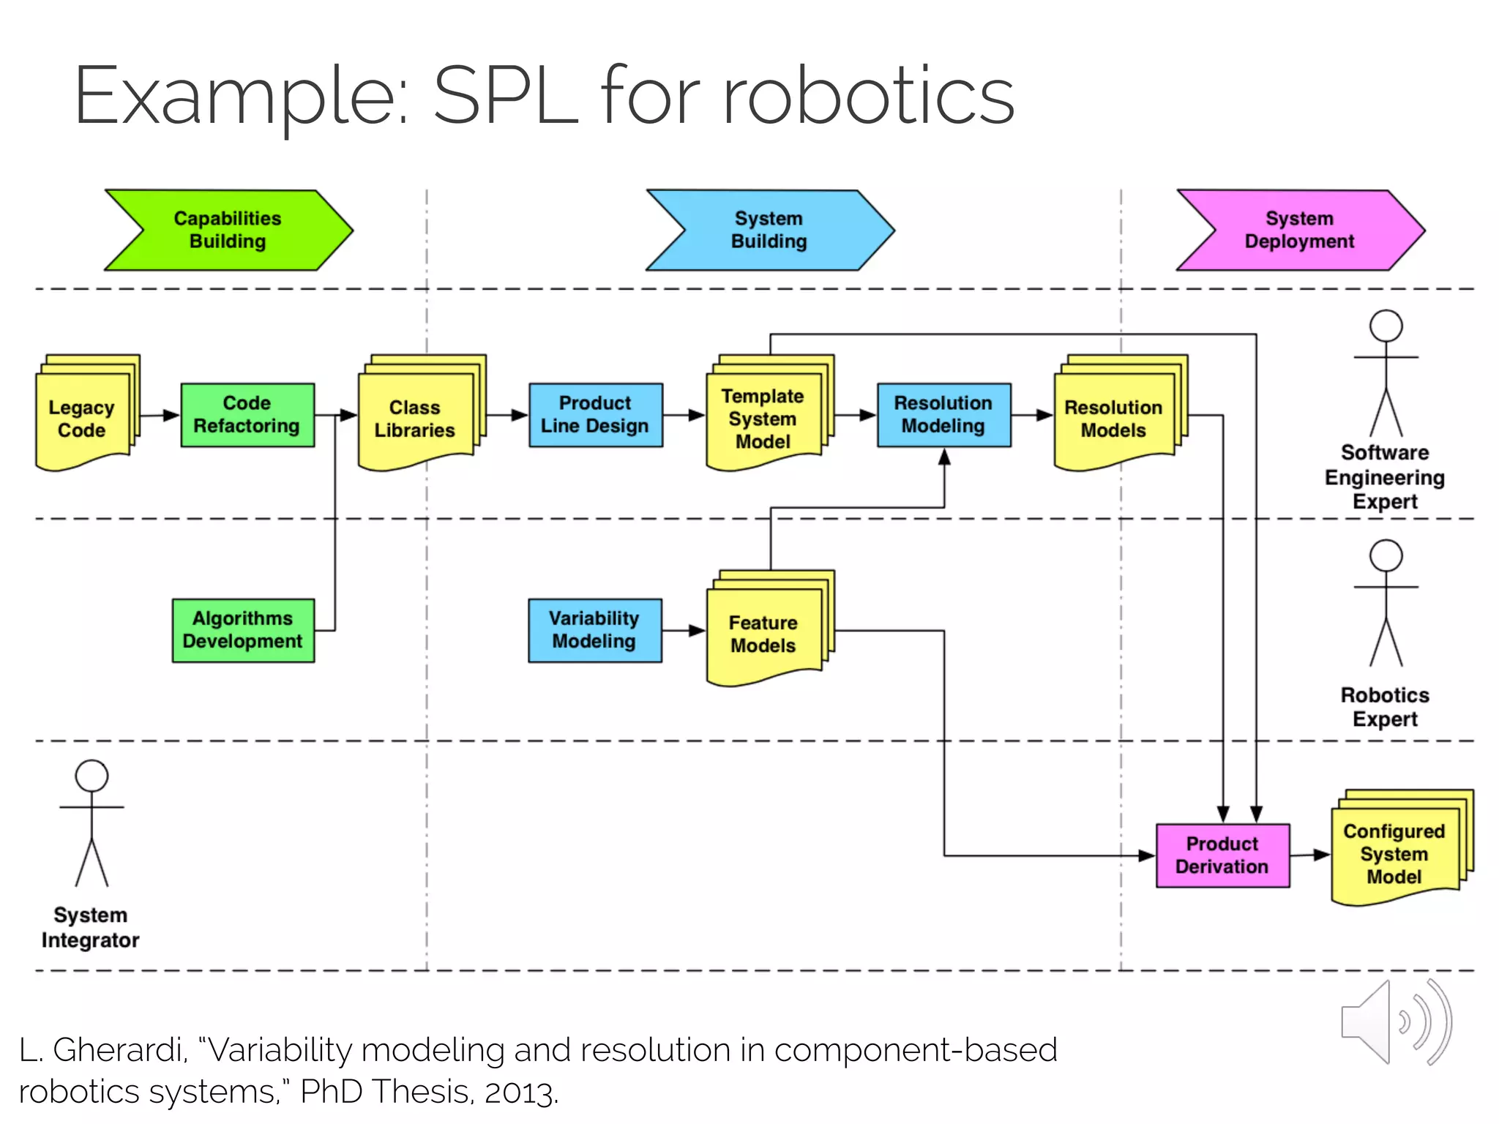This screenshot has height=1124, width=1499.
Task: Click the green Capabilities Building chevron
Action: coord(228,230)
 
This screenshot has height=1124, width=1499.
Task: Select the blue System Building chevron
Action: coord(769,230)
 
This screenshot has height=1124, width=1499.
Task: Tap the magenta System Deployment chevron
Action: coord(1299,230)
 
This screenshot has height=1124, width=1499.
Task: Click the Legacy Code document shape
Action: coord(83,419)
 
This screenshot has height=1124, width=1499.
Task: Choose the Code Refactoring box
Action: coord(247,415)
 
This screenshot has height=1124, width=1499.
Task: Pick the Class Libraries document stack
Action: coord(415,419)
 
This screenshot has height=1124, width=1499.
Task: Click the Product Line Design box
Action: coord(595,415)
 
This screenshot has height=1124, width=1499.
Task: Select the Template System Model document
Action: coord(763,419)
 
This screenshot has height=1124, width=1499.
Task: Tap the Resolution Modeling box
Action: coord(943,415)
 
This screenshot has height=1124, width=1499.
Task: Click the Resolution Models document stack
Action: coord(1113,419)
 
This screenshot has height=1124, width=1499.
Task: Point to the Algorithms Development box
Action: coord(243,630)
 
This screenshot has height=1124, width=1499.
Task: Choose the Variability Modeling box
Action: coord(594,630)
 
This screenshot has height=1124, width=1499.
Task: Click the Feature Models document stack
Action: coord(763,634)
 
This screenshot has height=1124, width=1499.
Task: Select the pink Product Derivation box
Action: coord(1222,855)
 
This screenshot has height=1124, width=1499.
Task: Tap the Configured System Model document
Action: coord(1394,854)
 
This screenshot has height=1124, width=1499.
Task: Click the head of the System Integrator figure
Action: coord(91,776)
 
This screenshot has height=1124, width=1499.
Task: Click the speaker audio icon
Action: coord(1394,1022)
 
